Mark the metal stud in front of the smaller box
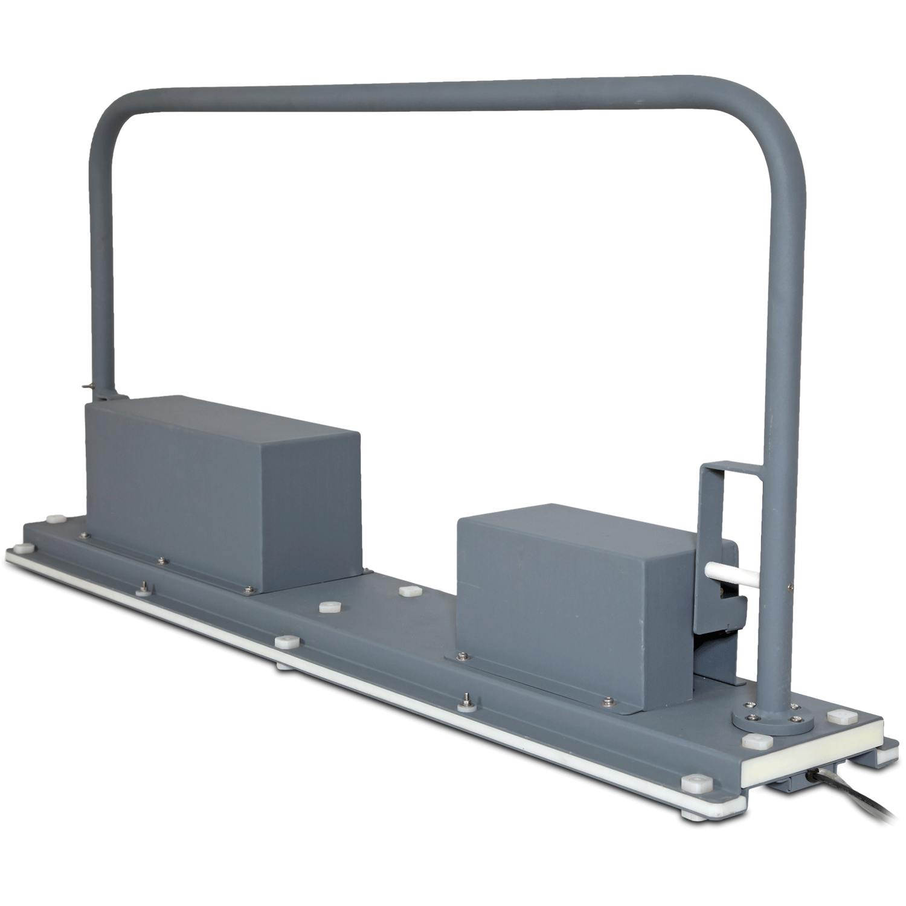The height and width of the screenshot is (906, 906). coord(467,699)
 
